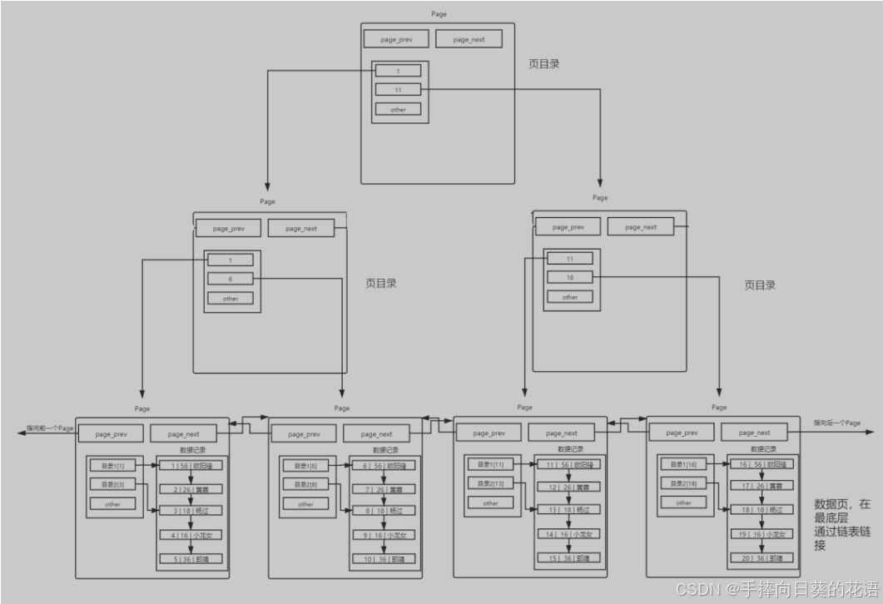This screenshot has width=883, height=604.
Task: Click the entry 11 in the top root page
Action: pyautogui.click(x=398, y=90)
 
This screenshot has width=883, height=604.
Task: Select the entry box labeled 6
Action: pyautogui.click(x=231, y=279)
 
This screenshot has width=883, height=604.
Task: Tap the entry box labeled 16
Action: pyautogui.click(x=570, y=277)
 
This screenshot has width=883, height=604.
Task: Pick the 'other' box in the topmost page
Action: pyautogui.click(x=398, y=109)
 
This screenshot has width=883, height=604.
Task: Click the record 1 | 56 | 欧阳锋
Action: pyautogui.click(x=191, y=466)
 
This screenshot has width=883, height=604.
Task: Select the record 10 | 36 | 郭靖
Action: pyautogui.click(x=384, y=559)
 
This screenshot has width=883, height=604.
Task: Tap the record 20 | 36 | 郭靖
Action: pyautogui.click(x=761, y=558)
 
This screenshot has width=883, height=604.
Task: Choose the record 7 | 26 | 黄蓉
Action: pyautogui.click(x=384, y=489)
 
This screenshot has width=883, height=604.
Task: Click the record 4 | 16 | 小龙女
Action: pyautogui.click(x=191, y=535)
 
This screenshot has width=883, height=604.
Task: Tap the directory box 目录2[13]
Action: pyautogui.click(x=490, y=483)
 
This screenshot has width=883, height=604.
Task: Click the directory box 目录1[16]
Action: pyautogui.click(x=683, y=464)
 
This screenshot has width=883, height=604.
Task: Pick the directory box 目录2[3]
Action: pyautogui.click(x=112, y=484)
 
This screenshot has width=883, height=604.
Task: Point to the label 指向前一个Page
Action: pyautogui.click(x=50, y=428)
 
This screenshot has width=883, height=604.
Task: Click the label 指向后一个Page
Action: pyautogui.click(x=836, y=423)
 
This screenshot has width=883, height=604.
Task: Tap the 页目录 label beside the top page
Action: pyautogui.click(x=543, y=63)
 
